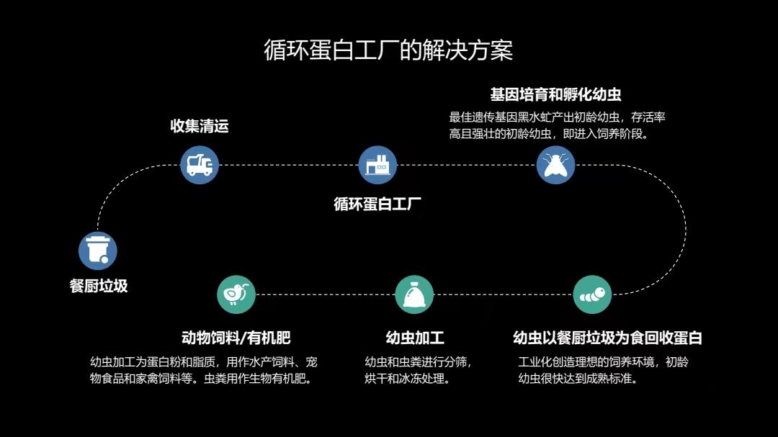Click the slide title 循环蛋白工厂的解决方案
388,50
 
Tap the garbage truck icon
200,165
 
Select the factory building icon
377,165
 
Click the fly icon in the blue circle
555,165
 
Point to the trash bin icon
98,251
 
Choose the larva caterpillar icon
592,294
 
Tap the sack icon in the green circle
414,294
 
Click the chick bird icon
236,294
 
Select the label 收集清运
200,126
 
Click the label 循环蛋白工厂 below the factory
377,203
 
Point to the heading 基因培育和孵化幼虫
555,94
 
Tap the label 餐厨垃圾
99,286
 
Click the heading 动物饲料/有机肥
236,338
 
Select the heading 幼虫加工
415,338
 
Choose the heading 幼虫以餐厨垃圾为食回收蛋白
607,338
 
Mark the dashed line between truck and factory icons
288,165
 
